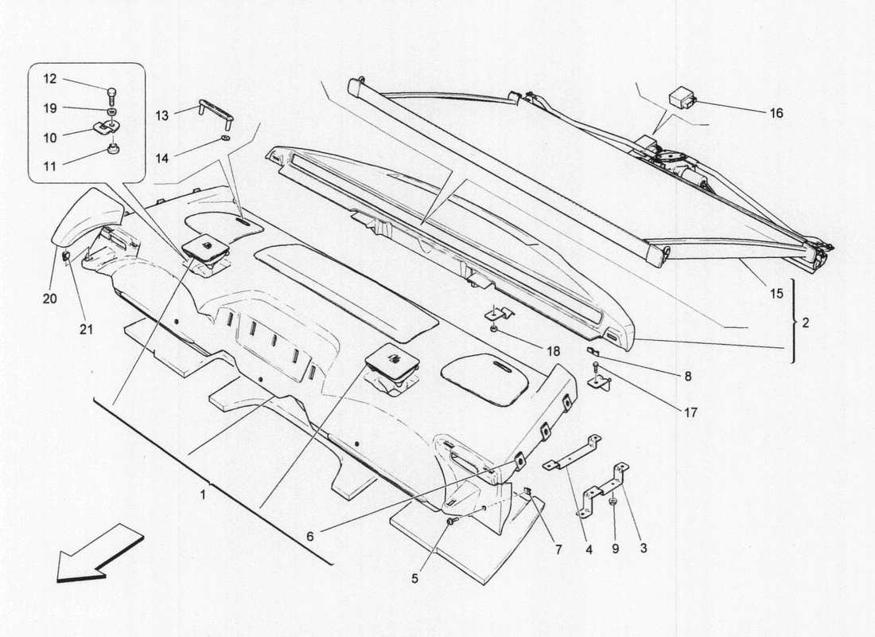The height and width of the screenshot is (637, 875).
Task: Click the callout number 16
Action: coord(776,113)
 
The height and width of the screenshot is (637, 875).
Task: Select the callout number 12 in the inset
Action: coord(50,79)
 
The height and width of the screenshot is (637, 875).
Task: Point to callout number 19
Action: coord(50,108)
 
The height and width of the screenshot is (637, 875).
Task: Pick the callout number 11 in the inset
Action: coord(50,167)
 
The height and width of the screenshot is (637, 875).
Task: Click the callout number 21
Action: coord(86,327)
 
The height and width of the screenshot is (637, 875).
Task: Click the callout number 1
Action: coord(204,495)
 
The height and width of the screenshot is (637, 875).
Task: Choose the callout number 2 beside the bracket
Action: coord(807,323)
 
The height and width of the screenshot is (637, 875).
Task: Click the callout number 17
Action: coord(690,412)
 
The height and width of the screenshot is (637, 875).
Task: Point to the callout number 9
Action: coord(616,548)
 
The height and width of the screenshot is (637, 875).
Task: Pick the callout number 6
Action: coord(310,536)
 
